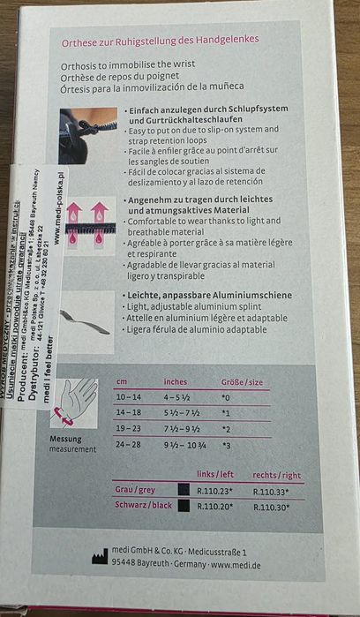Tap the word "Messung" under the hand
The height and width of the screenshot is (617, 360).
[66, 439]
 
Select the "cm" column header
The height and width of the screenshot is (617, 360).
[122, 380]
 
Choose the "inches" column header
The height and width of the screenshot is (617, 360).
[175, 381]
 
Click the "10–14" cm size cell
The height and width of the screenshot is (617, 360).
[129, 396]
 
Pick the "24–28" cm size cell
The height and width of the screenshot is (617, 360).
[129, 444]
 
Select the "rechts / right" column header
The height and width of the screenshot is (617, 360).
[277, 474]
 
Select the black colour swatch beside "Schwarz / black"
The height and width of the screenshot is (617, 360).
[184, 506]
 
